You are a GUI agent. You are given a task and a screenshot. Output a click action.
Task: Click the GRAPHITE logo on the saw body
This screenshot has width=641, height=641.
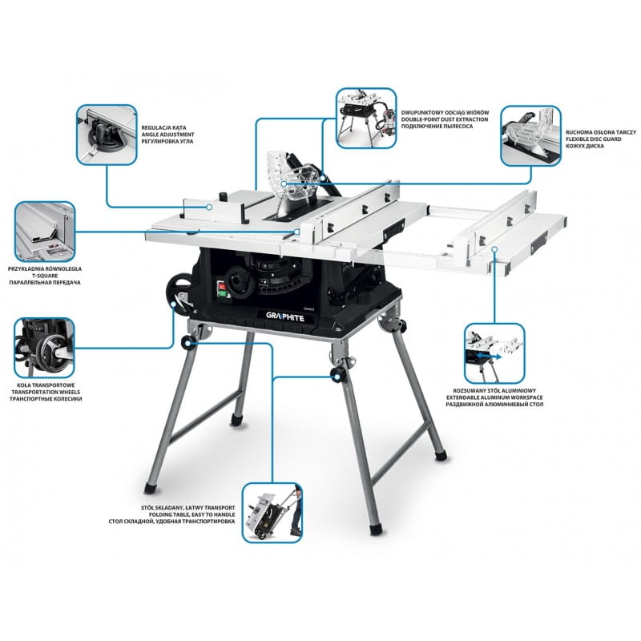pyautogui.click(x=285, y=316)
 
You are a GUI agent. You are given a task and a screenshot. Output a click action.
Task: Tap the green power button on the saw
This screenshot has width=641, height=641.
pyautogui.click(x=222, y=292)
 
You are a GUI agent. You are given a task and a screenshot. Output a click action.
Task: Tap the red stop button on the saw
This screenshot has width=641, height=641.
pyautogui.click(x=221, y=285)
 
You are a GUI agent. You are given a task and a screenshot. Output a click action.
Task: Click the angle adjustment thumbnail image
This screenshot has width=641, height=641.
pyautogui.click(x=107, y=135)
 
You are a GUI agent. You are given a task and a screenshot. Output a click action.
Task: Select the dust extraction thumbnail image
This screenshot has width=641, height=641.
pyautogui.click(x=366, y=118)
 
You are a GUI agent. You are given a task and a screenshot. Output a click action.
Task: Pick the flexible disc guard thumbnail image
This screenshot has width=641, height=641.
pyautogui.click(x=531, y=136)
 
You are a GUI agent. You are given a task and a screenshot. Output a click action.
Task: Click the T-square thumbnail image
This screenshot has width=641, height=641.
pyautogui.click(x=45, y=232)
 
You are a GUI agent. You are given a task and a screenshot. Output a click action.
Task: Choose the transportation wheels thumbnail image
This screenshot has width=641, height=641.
pyautogui.click(x=45, y=348)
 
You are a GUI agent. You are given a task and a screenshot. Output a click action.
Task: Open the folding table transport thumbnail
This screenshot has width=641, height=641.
pyautogui.click(x=272, y=513)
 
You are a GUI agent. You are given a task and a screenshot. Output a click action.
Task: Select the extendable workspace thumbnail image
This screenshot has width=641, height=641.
pyautogui.click(x=494, y=353)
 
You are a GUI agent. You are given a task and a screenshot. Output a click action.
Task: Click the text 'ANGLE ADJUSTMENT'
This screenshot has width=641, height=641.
pyautogui.click(x=167, y=135)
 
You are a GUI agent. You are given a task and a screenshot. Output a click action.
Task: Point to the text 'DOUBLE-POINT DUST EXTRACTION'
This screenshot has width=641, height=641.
pyautogui.click(x=445, y=119)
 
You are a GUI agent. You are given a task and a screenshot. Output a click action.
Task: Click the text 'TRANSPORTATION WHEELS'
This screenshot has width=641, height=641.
pyautogui.click(x=46, y=392)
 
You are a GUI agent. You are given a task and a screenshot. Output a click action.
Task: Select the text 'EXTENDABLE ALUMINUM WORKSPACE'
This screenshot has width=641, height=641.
pyautogui.click(x=494, y=397)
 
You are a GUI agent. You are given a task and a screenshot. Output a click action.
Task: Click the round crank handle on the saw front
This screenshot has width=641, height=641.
pyautogui.click(x=237, y=281)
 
